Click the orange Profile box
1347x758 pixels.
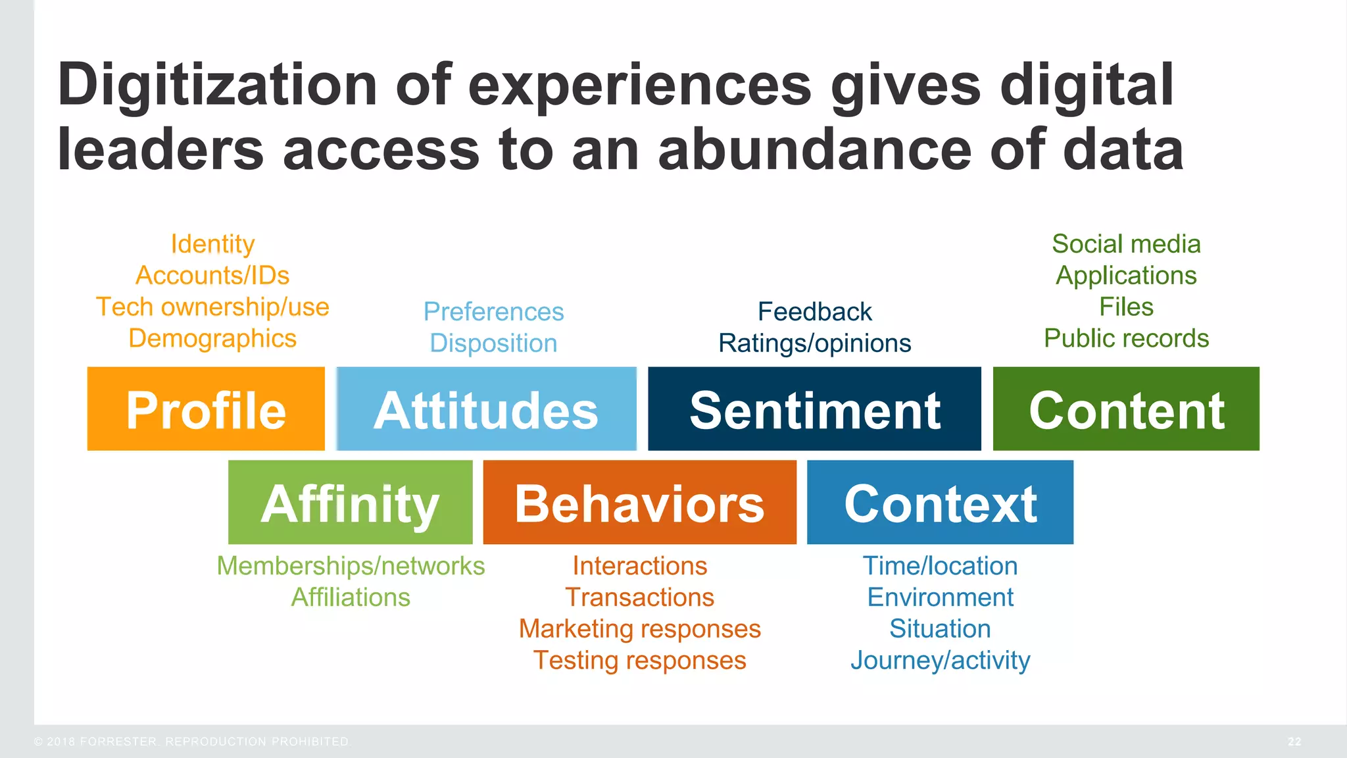[206, 409]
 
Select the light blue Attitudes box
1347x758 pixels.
[486, 409]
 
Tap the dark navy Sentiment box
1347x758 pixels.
[814, 409]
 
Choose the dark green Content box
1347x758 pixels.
[1126, 409]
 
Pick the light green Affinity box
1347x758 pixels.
[350, 503]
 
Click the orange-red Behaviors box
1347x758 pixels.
[639, 503]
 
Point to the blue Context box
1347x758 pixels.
[940, 503]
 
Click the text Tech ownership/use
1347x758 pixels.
[212, 307]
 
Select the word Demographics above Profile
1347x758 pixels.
[212, 339]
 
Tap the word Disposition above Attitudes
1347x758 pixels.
[493, 343]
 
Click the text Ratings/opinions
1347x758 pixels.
[814, 343]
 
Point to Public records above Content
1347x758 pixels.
[1126, 339]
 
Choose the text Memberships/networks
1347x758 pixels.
[351, 566]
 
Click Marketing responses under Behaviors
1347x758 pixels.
[639, 629]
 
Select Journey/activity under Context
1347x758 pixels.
[940, 661]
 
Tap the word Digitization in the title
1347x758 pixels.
[217, 86]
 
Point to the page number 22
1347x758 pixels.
[1294, 742]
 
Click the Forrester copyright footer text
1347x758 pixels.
[191, 742]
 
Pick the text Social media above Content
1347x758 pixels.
[1126, 244]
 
